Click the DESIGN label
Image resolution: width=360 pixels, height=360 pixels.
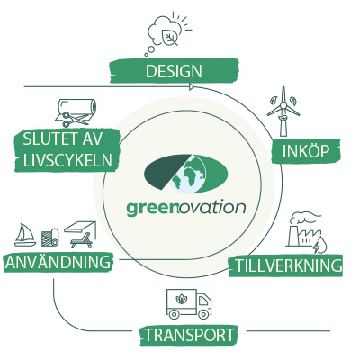coord(174,71)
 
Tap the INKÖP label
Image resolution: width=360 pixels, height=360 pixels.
coord(306,151)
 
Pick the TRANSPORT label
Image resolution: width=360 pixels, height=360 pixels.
coord(189,335)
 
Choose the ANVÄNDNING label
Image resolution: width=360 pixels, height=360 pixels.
coord(58,263)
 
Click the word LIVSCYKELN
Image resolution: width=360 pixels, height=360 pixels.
coord(67,160)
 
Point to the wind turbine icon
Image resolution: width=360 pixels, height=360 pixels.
coord(283,112)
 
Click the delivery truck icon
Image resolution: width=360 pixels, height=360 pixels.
coord(189,303)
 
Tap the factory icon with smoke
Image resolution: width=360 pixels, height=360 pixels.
coord(306,232)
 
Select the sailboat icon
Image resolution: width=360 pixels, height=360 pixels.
coord(25,235)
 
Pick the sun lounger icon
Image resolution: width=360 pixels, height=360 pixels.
coord(82,241)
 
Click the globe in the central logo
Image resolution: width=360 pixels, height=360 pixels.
coord(188,174)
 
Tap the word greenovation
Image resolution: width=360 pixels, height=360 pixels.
coord(186,208)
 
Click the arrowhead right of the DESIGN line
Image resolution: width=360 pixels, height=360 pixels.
coord(192,87)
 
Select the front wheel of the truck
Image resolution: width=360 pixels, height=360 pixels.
coord(203,314)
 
